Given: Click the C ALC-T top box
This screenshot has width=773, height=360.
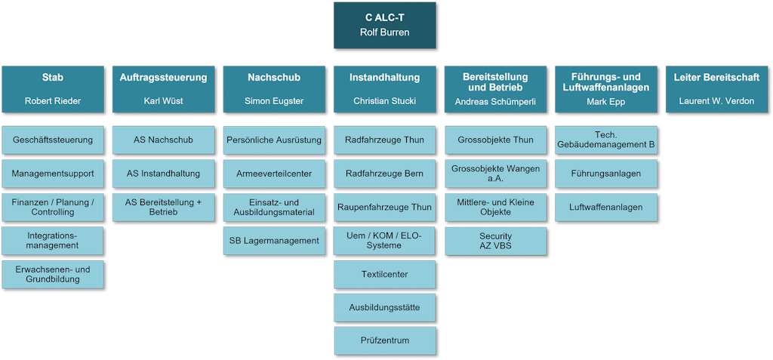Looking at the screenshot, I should click(x=384, y=24).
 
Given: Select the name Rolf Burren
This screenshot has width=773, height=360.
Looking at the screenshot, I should click(x=384, y=32).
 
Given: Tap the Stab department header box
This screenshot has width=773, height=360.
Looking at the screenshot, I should click(x=53, y=88).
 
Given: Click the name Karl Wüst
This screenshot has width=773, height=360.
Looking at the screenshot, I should click(x=163, y=100).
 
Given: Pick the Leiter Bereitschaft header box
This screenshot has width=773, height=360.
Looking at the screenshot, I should click(x=716, y=88).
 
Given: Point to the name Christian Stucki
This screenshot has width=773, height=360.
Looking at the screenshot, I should click(x=385, y=100).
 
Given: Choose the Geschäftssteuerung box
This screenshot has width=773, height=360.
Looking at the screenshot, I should click(x=53, y=140).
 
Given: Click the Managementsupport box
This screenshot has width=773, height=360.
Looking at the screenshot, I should click(x=53, y=174).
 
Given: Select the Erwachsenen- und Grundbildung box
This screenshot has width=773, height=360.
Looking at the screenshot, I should click(x=53, y=275).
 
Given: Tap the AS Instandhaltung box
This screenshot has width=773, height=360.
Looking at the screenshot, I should click(x=163, y=174).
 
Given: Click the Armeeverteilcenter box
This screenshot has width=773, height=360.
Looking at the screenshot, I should click(x=274, y=174).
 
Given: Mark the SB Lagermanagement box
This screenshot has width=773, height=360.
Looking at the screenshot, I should click(x=274, y=241).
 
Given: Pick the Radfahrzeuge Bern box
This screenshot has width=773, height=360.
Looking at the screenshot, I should click(x=385, y=174).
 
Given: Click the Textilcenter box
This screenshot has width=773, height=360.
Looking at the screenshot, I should click(x=385, y=274).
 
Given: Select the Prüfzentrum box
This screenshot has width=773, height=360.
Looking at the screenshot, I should click(x=385, y=340).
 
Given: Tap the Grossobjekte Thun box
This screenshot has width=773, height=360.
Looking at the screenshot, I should click(x=495, y=140).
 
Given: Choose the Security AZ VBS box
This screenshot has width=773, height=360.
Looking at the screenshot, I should click(x=495, y=242).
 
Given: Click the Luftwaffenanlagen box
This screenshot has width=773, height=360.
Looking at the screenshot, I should click(x=606, y=207).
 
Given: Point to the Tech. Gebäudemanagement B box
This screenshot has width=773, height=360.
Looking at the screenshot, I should click(x=606, y=140).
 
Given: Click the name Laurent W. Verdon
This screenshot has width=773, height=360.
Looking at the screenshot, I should click(x=716, y=100).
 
